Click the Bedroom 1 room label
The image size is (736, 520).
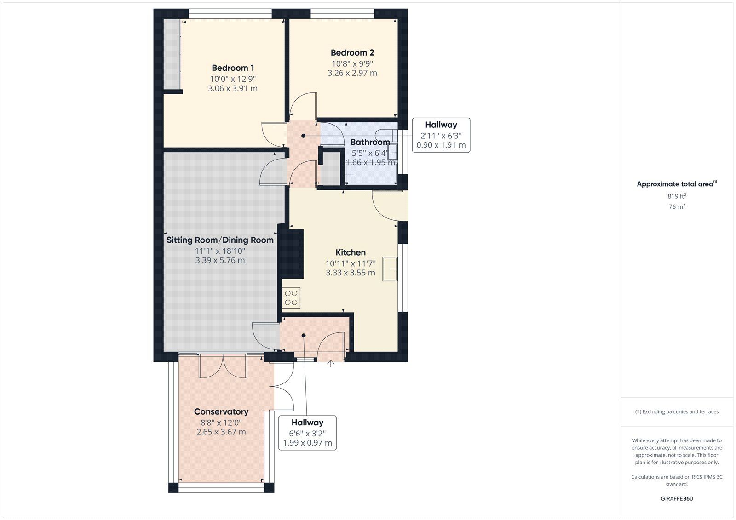(x=233, y=68)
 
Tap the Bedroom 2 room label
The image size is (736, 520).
(x=352, y=52)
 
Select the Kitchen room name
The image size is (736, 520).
(x=350, y=252)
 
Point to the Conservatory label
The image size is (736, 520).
(x=221, y=411)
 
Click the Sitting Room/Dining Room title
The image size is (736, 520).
(x=220, y=240)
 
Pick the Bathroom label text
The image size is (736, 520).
(x=370, y=142)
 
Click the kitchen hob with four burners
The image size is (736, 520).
(x=291, y=297)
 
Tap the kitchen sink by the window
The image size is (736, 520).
(x=390, y=269)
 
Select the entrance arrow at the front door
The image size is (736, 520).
(x=331, y=363)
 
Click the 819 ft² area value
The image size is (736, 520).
(x=677, y=196)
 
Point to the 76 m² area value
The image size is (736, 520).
(x=677, y=206)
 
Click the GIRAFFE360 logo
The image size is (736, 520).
(x=677, y=498)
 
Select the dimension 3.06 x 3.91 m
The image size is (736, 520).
(x=233, y=88)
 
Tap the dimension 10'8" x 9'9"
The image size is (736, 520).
(x=352, y=64)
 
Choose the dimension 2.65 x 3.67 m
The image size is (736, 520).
(x=221, y=432)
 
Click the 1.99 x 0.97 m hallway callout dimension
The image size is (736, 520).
(x=308, y=443)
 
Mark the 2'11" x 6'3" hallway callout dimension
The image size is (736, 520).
(x=441, y=136)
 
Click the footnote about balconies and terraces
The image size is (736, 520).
(x=677, y=411)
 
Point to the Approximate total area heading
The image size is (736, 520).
(x=677, y=184)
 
